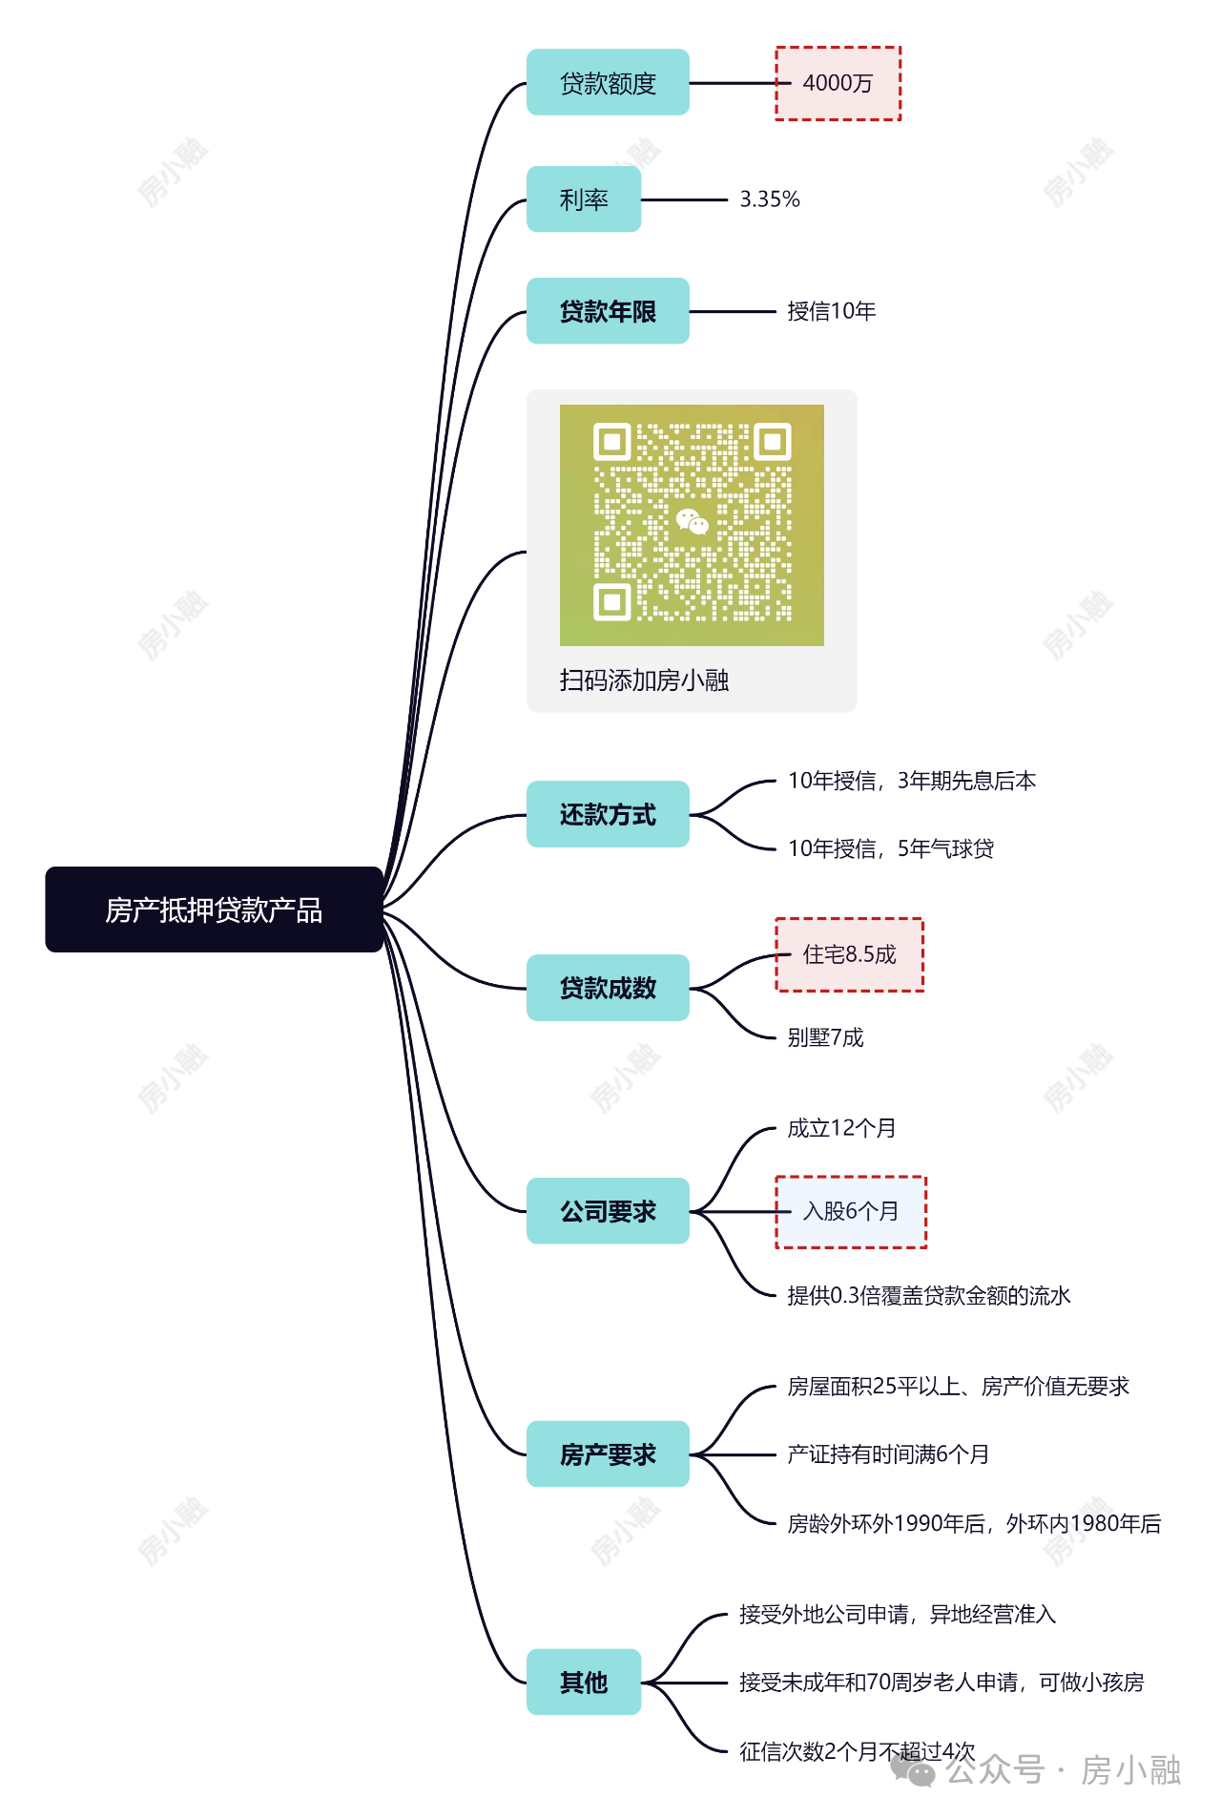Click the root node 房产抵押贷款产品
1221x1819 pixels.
click(215, 909)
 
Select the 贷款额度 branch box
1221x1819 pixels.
click(608, 83)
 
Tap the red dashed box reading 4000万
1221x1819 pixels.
click(838, 83)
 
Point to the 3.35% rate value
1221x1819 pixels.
click(770, 199)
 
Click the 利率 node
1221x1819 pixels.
click(584, 199)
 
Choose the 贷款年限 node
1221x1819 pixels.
click(608, 311)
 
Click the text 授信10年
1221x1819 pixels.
click(832, 311)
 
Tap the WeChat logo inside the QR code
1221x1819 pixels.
click(692, 521)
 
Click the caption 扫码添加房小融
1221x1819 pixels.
click(644, 680)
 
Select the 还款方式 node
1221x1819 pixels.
click(608, 814)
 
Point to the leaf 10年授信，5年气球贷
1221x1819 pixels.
click(891, 848)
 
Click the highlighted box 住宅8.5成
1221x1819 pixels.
click(849, 954)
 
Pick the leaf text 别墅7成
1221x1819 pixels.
click(825, 1037)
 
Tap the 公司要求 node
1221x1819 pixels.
click(608, 1211)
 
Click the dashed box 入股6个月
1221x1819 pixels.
click(851, 1212)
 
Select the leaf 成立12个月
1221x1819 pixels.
click(841, 1128)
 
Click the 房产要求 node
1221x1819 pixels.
click(608, 1454)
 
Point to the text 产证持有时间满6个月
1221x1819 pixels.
click(888, 1454)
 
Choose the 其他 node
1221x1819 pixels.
click(584, 1682)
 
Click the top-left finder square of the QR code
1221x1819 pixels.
click(612, 442)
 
